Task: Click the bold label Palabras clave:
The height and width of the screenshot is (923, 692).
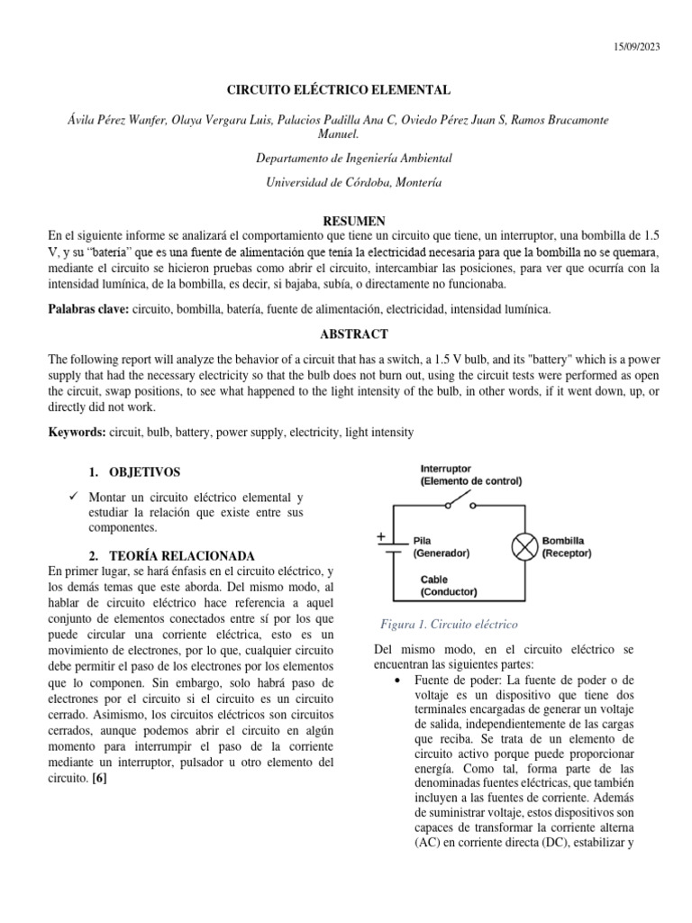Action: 88,310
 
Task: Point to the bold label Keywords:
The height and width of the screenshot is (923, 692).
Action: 77,433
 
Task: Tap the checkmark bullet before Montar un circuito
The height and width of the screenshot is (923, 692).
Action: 73,498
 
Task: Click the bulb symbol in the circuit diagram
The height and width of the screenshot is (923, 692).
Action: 524,547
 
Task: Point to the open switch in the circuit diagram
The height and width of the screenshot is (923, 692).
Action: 461,499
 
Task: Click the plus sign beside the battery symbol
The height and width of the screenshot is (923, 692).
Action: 381,536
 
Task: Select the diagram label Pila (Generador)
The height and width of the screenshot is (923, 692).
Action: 442,547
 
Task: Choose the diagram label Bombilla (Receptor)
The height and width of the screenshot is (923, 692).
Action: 567,547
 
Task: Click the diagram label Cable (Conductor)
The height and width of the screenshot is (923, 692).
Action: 448,586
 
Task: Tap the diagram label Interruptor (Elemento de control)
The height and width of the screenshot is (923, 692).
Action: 469,475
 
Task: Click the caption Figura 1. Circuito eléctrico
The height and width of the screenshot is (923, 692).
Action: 448,624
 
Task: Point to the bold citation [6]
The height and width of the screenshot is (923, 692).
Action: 99,781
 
